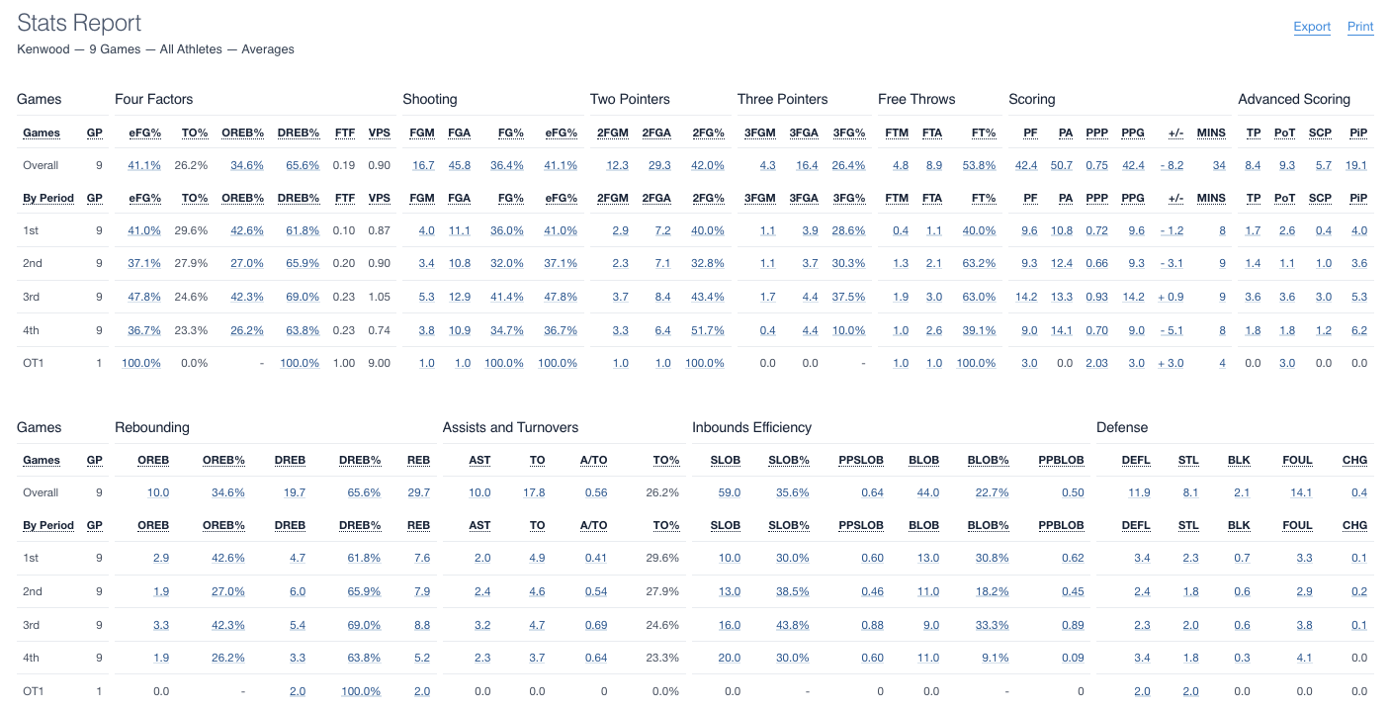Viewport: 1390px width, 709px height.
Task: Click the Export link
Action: click(1312, 27)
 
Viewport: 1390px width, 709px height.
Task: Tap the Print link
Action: click(1360, 27)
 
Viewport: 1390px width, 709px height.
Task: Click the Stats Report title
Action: click(79, 23)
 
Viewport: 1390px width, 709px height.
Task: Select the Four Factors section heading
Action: click(154, 99)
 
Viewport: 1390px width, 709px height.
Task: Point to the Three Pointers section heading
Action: click(782, 99)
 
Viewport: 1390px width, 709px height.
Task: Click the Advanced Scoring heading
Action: click(1293, 99)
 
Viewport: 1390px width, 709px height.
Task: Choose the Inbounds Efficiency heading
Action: click(751, 427)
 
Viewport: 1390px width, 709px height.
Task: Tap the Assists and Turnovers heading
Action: click(510, 427)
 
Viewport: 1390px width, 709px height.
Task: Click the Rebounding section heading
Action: click(152, 427)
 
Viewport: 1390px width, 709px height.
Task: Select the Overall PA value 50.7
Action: click(1062, 165)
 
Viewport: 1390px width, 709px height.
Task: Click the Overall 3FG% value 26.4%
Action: click(848, 165)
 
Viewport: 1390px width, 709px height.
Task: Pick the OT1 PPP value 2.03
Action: click(1096, 363)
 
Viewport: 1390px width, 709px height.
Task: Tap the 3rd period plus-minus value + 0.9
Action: click(1171, 297)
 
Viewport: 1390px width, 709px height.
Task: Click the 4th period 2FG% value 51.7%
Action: click(705, 330)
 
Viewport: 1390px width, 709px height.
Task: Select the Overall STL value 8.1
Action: click(1189, 492)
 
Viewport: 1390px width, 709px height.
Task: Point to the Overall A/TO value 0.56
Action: click(596, 492)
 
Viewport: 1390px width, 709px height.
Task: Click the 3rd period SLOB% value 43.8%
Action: click(792, 625)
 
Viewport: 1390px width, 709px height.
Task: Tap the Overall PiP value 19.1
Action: click(1357, 165)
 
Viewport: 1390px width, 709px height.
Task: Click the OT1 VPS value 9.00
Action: click(379, 363)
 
